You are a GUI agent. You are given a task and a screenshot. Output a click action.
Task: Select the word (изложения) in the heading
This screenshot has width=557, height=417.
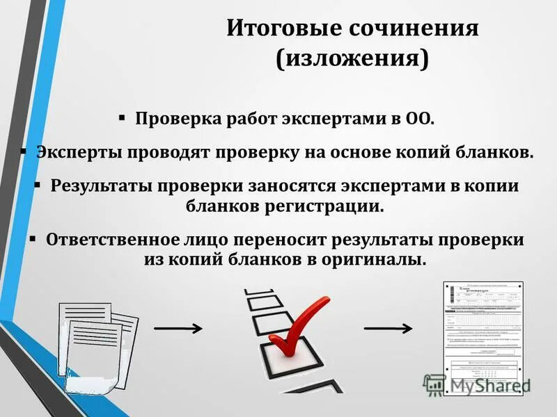pyautogui.click(x=352, y=60)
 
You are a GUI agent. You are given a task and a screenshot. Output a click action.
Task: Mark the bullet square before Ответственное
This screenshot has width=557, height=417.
pyautogui.click(x=32, y=238)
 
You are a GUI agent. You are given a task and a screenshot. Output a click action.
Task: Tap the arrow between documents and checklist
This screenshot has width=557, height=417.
pyautogui.click(x=178, y=327)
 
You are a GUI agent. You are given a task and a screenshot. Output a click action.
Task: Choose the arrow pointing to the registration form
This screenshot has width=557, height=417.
pyautogui.click(x=387, y=327)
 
